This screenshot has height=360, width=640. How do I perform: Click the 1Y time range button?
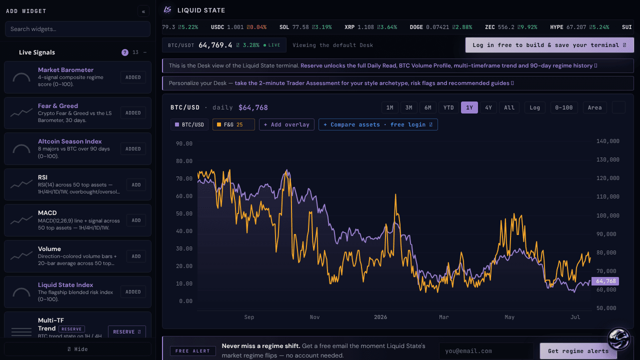click(469, 107)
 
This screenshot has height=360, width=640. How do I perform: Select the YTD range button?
click(448, 107)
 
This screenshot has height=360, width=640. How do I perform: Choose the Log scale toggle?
click(534, 107)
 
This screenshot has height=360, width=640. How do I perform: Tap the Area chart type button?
click(594, 107)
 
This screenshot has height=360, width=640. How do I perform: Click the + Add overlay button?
click(286, 124)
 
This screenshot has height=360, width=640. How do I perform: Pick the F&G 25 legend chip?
click(233, 124)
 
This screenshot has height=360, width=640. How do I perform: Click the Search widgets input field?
click(77, 29)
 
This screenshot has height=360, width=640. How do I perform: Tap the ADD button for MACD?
click(136, 220)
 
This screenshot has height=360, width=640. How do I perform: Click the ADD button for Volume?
click(136, 256)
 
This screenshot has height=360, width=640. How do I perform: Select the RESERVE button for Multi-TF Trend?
click(127, 331)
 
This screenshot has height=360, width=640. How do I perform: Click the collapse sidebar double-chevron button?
click(143, 11)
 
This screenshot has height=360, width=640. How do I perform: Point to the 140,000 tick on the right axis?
click(607, 141)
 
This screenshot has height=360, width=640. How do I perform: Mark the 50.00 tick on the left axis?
click(184, 213)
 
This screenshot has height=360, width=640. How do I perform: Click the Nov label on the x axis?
click(314, 317)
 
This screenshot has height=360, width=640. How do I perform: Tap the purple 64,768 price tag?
click(605, 281)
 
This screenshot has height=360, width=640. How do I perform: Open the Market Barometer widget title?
click(65, 69)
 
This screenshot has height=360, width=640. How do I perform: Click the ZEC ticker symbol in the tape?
click(489, 27)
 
